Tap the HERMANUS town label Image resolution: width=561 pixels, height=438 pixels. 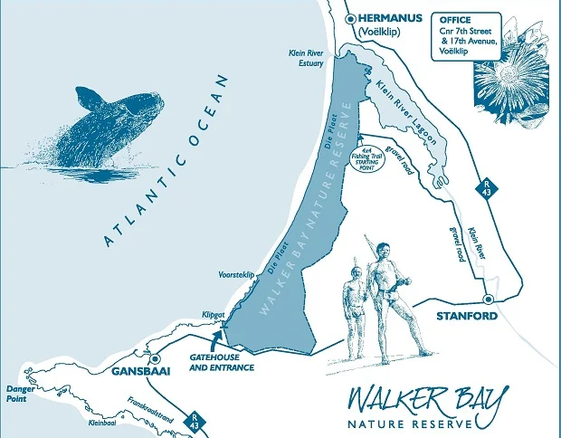pyautogui.click(x=391, y=17)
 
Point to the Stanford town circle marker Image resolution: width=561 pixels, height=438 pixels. pyautogui.click(x=489, y=299)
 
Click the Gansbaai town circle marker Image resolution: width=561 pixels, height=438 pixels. pyautogui.click(x=155, y=357)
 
